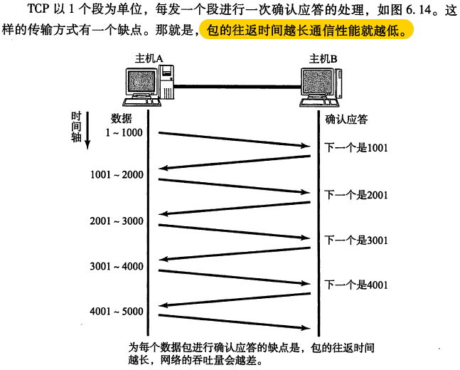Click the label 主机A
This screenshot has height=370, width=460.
tap(147, 57)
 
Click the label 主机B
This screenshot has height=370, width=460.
tap(323, 57)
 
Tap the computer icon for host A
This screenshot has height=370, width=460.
tap(149, 84)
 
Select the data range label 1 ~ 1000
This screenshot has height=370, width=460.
tap(124, 132)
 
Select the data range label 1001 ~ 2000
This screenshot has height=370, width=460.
tap(117, 175)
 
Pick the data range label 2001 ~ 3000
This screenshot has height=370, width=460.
tap(117, 221)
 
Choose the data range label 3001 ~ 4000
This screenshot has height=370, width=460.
tap(117, 267)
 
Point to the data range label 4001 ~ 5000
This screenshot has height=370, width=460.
tap(117, 312)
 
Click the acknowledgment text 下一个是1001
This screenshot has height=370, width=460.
tap(355, 148)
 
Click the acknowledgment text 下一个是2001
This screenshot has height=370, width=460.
tap(355, 194)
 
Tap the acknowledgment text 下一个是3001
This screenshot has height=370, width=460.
tap(355, 240)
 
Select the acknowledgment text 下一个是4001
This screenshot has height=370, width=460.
tap(355, 285)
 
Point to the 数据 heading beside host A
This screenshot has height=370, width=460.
tap(122, 118)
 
